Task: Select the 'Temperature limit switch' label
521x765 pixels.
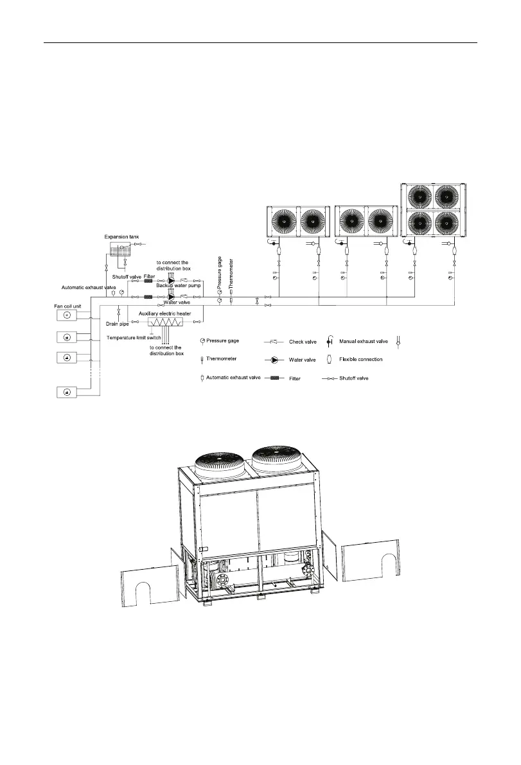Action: tap(134, 337)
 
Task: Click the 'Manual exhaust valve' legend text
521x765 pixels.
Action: tap(362, 342)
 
